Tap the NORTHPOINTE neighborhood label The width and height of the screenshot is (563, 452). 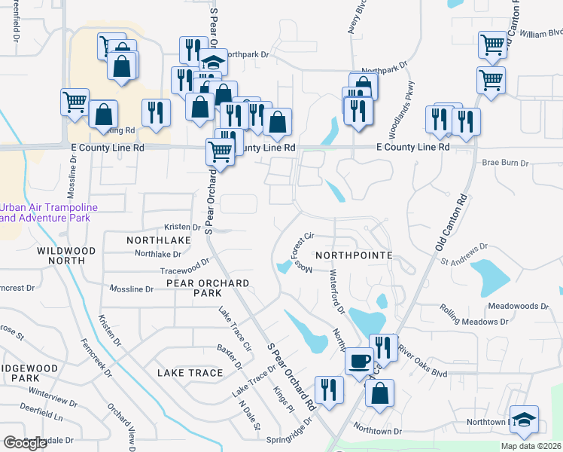click(354, 255)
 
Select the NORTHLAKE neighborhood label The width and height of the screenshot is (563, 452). click(159, 239)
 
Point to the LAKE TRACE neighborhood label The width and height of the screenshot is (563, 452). click(190, 373)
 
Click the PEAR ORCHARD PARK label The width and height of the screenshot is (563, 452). click(208, 288)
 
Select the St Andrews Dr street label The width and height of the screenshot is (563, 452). click(465, 254)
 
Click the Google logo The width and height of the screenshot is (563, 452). click(26, 443)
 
